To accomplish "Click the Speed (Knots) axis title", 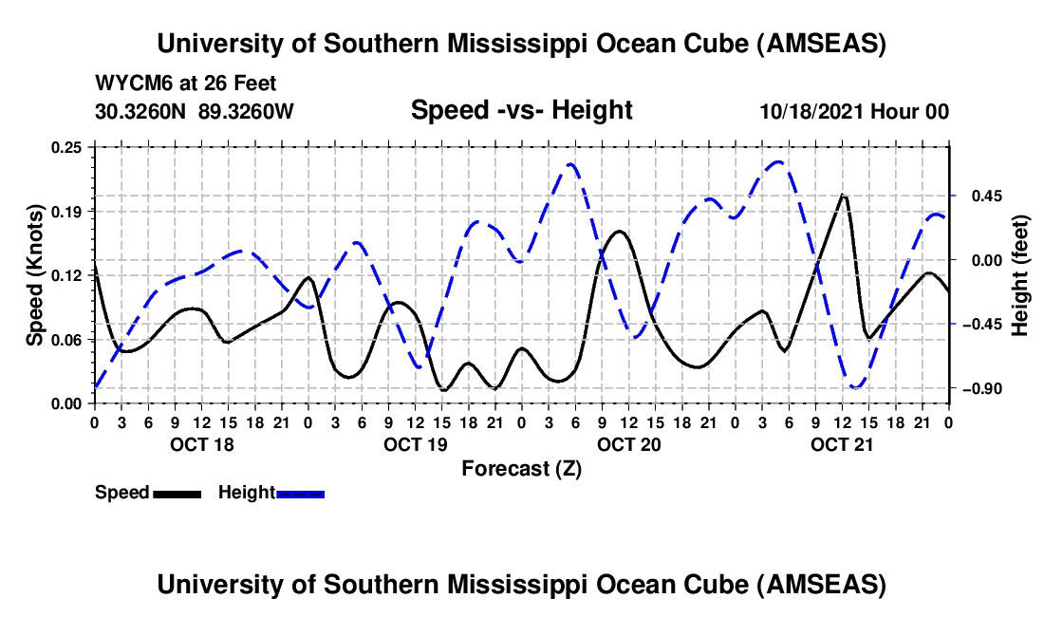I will coord(35,275).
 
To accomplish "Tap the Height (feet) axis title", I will coord(1020,275).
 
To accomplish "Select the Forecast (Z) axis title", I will coord(521,468).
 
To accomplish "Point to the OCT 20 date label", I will coord(629,444).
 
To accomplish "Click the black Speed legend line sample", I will coord(177,493).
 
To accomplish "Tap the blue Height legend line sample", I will coord(301,493).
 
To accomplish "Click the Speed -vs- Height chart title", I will coord(521,111).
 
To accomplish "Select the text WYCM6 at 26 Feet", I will coord(186,84).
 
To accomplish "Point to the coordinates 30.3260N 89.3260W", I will coord(195,111).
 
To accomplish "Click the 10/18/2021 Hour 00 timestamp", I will coord(854,111).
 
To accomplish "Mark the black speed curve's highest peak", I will coord(843,195).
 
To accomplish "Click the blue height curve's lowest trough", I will coord(855,387).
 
